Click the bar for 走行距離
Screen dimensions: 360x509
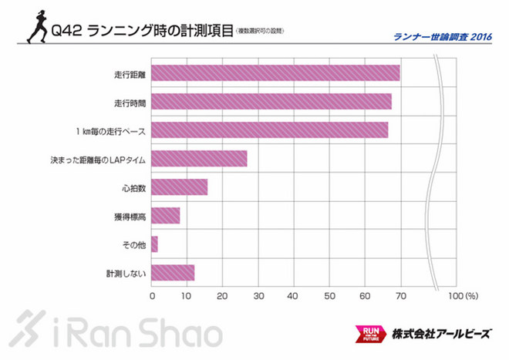pyautogui.click(x=275, y=73)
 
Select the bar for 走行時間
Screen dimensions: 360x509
pyautogui.click(x=271, y=102)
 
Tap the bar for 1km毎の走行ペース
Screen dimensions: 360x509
pyautogui.click(x=270, y=130)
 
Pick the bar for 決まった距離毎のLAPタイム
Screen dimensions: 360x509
pyautogui.click(x=200, y=159)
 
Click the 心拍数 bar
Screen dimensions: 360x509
pyautogui.click(x=180, y=187)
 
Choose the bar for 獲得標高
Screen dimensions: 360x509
pyautogui.click(x=166, y=216)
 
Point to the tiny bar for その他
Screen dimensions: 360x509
pyautogui.click(x=155, y=244)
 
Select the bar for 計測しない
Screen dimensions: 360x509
pyautogui.click(x=173, y=273)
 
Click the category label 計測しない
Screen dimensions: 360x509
pyautogui.click(x=126, y=273)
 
